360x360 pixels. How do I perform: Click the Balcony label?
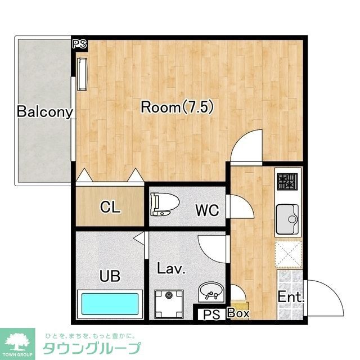pos(45,112)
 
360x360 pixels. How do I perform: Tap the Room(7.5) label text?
pos(178,107)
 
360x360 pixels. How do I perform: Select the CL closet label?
pos(110,207)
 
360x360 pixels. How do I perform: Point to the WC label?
pos(207,210)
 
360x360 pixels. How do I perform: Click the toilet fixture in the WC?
pos(165,204)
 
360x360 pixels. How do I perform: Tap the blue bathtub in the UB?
pos(110,304)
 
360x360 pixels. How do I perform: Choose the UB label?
pos(110,276)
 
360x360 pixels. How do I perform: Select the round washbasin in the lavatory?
pos(210,292)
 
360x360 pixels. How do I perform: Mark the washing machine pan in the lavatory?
pos(169,304)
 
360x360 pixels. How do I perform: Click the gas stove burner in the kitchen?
pos(287,182)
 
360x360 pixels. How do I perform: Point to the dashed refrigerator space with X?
pos(289,254)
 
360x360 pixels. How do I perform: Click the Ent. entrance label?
pos(291,297)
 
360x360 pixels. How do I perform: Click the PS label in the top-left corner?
pos(79,44)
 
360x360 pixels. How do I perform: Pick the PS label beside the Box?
pos(211,314)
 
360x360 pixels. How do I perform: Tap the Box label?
pos(238,313)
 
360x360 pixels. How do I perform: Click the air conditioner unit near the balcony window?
pos(82,74)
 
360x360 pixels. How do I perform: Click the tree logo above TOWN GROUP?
pos(17,342)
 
